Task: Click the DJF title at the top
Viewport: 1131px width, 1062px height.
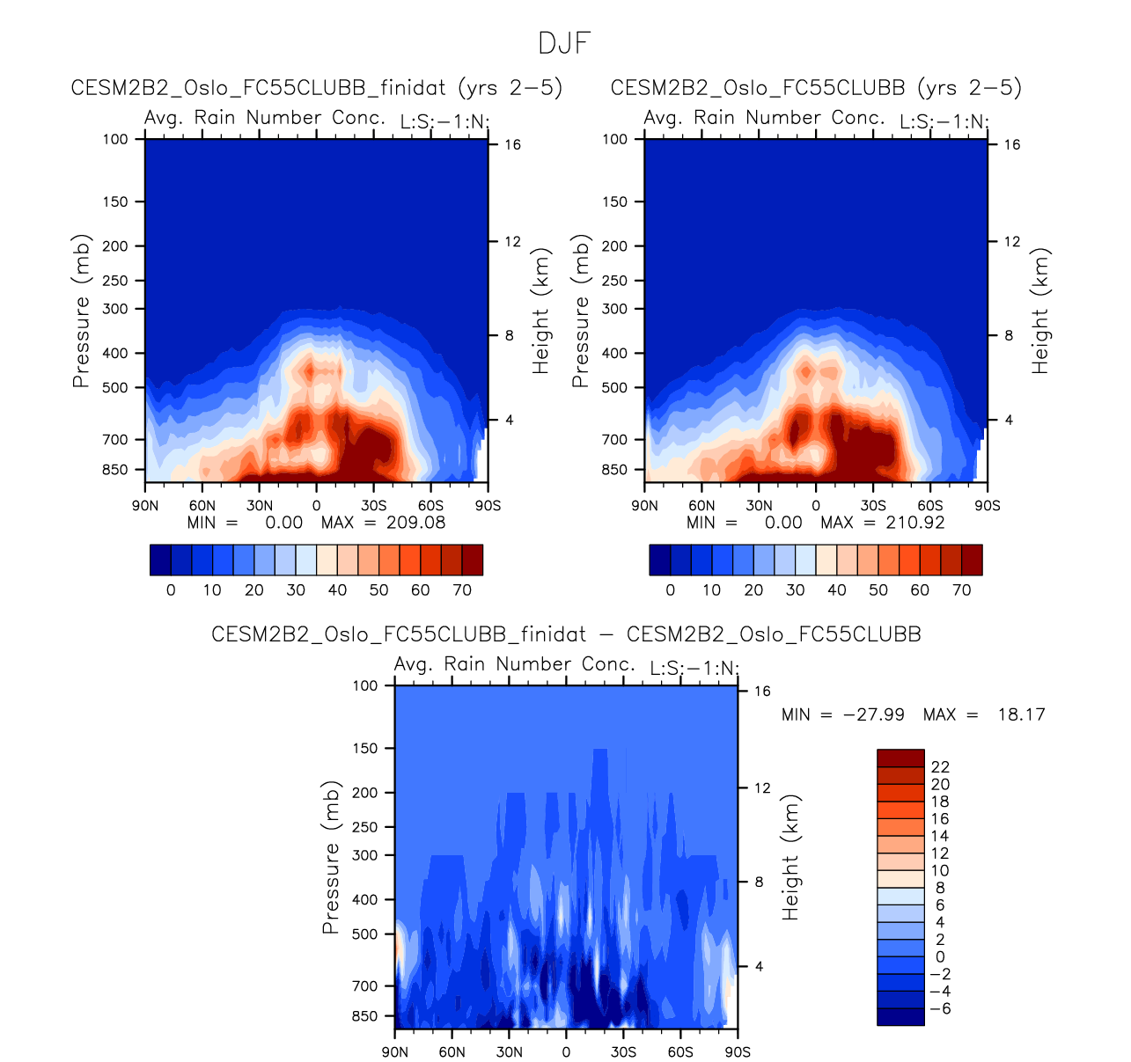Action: pyautogui.click(x=564, y=43)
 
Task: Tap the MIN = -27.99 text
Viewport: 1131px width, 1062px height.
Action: pyautogui.click(x=843, y=714)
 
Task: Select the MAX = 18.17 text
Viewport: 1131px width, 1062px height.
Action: pyautogui.click(x=984, y=714)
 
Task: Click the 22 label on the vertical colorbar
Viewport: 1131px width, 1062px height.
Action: pyautogui.click(x=940, y=767)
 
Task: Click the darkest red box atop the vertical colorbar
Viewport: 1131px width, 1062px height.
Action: pyautogui.click(x=900, y=758)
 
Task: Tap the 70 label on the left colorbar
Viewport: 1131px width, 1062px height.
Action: pyautogui.click(x=462, y=590)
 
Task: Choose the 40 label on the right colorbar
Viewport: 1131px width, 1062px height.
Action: pyautogui.click(x=837, y=590)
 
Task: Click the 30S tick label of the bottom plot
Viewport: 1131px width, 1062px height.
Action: pyautogui.click(x=623, y=1052)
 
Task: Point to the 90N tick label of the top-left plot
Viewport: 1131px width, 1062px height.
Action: pyautogui.click(x=145, y=506)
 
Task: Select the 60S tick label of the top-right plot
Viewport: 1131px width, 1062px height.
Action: pyautogui.click(x=930, y=506)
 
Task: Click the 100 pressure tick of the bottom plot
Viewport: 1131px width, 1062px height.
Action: pyautogui.click(x=366, y=685)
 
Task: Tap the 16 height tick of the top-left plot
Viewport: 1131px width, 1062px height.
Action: pyautogui.click(x=512, y=145)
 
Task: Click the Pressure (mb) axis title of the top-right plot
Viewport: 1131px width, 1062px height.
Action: pyautogui.click(x=580, y=311)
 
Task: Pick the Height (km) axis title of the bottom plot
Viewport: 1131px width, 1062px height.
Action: pyautogui.click(x=791, y=857)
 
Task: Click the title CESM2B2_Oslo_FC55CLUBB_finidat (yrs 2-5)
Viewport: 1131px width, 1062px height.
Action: pyautogui.click(x=317, y=88)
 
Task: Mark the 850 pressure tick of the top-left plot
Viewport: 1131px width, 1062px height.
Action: pyautogui.click(x=115, y=470)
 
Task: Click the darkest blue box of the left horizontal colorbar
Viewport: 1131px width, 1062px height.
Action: pyautogui.click(x=160, y=560)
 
